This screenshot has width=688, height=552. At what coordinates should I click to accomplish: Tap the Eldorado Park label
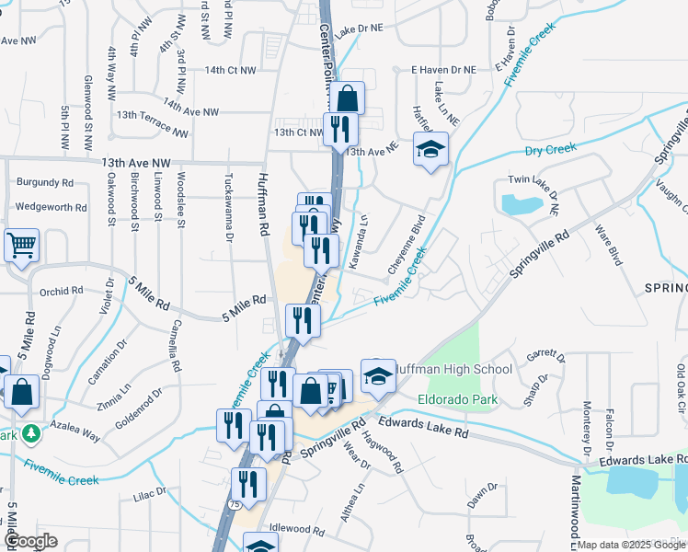click(457, 399)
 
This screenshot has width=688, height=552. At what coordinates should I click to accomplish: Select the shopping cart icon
click(21, 247)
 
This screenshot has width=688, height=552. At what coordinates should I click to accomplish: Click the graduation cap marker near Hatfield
click(430, 150)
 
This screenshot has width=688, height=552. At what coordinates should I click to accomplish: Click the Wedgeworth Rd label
click(51, 207)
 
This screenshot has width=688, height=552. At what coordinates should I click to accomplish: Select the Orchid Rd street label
click(62, 292)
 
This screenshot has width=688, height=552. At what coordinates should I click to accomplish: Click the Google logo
click(29, 542)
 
